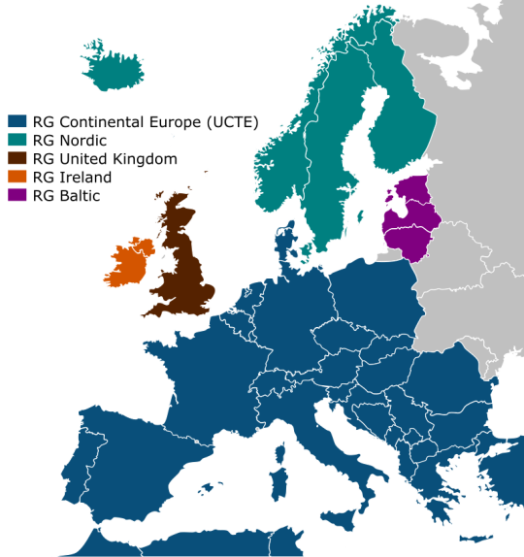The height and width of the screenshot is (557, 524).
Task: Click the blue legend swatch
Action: click(x=17, y=121)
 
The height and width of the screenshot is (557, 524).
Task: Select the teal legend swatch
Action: click(x=17, y=140)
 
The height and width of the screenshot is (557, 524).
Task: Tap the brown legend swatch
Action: click(x=17, y=158)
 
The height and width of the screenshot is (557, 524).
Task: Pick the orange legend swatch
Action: click(x=17, y=176)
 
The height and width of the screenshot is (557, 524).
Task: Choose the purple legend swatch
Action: click(x=17, y=194)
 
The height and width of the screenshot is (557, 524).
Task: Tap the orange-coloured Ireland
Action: click(x=130, y=261)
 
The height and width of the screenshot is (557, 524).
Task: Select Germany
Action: click(x=291, y=311)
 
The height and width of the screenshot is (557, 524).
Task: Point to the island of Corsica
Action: click(x=281, y=452)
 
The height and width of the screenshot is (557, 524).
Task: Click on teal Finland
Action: click(x=398, y=126)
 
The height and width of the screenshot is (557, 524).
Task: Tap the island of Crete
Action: click(x=475, y=539)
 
